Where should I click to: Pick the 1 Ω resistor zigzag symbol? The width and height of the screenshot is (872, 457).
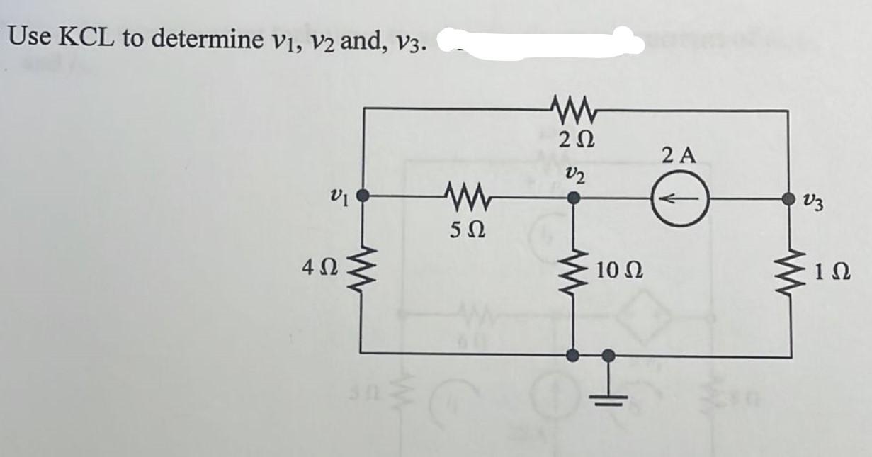pos(788,271)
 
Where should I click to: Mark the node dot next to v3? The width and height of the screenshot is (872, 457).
pos(788,200)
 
